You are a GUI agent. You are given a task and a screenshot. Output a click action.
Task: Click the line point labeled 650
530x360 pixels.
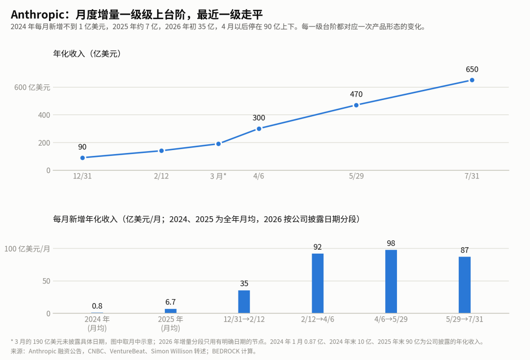[x=472, y=80]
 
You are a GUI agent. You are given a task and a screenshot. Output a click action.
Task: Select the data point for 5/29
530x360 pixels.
[x=356, y=105]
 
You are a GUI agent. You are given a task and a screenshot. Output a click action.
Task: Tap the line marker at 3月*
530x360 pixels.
[x=218, y=144]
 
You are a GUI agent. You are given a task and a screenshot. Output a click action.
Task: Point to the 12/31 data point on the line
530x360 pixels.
[x=82, y=158]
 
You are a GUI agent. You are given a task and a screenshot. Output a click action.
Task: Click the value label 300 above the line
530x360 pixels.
[x=259, y=118]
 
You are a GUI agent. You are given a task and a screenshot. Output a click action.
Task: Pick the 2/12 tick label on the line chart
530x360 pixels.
[x=161, y=176]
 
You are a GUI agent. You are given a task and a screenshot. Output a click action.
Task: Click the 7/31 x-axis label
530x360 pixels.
[x=472, y=176]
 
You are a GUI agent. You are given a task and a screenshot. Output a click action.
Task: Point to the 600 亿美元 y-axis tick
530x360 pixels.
[x=32, y=87]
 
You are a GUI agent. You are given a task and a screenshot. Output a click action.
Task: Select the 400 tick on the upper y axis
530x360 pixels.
[x=44, y=115]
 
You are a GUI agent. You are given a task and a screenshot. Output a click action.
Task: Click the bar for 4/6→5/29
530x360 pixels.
[x=391, y=282]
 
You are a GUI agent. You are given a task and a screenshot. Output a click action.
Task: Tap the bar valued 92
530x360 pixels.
[x=318, y=283]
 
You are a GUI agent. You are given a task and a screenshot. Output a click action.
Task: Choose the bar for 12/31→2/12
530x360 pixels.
[x=244, y=302]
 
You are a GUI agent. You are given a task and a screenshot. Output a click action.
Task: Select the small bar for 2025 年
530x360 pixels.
[x=171, y=311]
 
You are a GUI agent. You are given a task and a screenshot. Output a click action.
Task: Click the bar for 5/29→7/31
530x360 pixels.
[x=465, y=285]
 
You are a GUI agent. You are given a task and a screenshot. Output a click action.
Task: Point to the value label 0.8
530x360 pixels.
[x=97, y=306]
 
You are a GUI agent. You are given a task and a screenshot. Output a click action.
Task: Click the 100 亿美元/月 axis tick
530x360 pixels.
[x=27, y=249]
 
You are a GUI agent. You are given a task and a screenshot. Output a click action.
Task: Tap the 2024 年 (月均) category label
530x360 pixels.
[x=97, y=324]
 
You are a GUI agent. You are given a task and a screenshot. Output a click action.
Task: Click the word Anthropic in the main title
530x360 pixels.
[x=37, y=15]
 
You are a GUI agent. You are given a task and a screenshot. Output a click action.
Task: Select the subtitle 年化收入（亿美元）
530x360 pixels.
[x=87, y=53]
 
